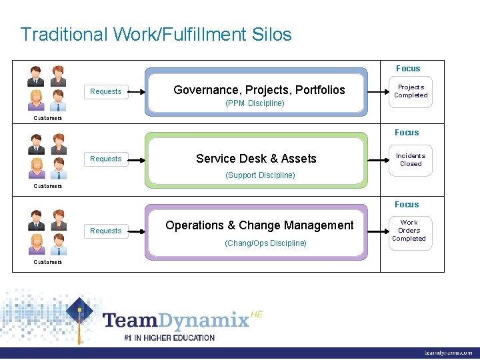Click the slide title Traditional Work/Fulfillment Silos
[156, 34]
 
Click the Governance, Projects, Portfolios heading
[259, 90]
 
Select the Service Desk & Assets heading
[256, 159]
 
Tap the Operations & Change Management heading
[259, 225]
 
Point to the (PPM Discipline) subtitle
[255, 103]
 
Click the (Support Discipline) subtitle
[260, 175]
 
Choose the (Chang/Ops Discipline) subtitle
[266, 243]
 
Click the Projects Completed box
[411, 91]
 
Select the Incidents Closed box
[411, 160]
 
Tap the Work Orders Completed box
[409, 231]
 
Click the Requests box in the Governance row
[106, 91]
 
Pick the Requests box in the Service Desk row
[106, 159]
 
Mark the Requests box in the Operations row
[106, 231]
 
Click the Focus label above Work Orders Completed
[407, 205]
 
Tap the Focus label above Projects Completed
[408, 69]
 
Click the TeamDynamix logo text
[177, 320]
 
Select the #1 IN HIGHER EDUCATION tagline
[169, 338]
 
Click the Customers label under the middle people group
[48, 186]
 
